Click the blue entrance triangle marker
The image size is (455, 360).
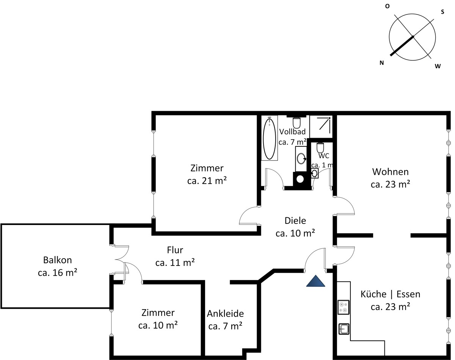pos(316,281)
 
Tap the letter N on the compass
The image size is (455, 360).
pos(382,63)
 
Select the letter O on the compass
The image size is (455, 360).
pos(387,6)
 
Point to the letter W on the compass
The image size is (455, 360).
pos(438,66)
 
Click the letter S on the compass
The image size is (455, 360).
pos(442,12)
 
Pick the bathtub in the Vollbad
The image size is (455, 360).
pos(269,138)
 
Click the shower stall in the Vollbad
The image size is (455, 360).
pos(321,126)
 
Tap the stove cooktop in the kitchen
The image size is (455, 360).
pos(344,307)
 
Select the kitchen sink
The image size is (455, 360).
pos(344,329)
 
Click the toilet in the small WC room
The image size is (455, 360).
pos(320,148)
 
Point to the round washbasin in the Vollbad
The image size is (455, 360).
pos(301,158)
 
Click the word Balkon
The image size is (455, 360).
pos(58,260)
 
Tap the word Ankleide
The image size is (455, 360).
pos(225,314)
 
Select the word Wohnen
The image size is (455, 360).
pos(391,172)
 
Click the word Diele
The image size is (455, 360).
pos(295,221)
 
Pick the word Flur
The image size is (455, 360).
pos(175,250)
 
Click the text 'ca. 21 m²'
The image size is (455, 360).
pos(207,181)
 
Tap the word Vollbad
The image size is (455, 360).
pos(292,132)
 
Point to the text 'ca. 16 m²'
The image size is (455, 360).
pos(58,273)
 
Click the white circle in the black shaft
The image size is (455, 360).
pos(300,179)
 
